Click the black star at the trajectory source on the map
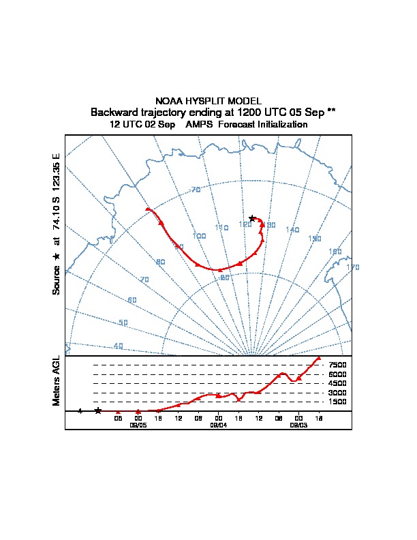point(252,218)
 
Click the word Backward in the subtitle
point(113,112)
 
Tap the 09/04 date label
point(218,425)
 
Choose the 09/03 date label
point(298,425)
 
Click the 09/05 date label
point(138,425)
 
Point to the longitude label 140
point(292,230)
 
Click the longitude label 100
point(199,236)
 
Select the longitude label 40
point(119,346)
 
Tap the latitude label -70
point(196,190)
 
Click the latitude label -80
point(223,277)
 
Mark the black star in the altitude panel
point(97,410)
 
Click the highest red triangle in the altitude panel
point(318,359)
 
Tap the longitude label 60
point(132,300)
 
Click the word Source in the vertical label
point(57,280)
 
